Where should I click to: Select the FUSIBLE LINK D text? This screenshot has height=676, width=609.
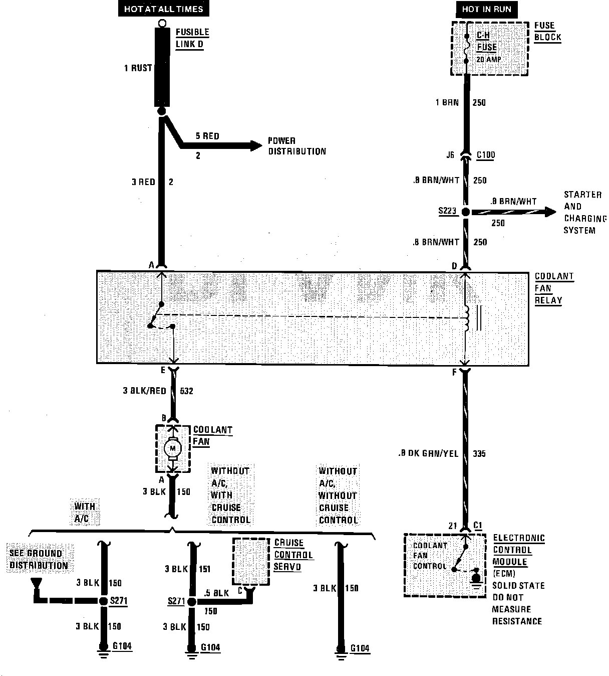tap(192, 38)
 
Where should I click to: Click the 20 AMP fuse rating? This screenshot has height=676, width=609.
tap(488, 60)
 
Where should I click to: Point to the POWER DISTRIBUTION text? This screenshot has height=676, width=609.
tap(296, 146)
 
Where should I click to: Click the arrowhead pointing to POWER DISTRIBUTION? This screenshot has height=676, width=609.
tap(256, 145)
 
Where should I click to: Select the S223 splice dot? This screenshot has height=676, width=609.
tap(466, 212)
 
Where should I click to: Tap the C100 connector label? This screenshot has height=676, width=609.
tap(485, 154)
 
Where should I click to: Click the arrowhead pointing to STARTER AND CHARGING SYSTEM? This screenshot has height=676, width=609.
tap(550, 212)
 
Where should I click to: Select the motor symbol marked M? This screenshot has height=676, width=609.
tap(173, 447)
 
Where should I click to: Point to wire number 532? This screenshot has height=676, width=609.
tap(185, 391)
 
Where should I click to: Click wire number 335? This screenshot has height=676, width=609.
tap(479, 454)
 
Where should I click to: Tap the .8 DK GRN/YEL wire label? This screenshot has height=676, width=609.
tap(428, 454)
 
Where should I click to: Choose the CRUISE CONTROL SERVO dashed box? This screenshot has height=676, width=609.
tap(250, 561)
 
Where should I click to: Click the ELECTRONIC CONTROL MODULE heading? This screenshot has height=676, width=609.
tap(518, 550)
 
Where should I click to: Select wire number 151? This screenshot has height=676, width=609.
tap(204, 569)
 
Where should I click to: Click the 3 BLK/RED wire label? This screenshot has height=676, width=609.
tap(144, 391)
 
